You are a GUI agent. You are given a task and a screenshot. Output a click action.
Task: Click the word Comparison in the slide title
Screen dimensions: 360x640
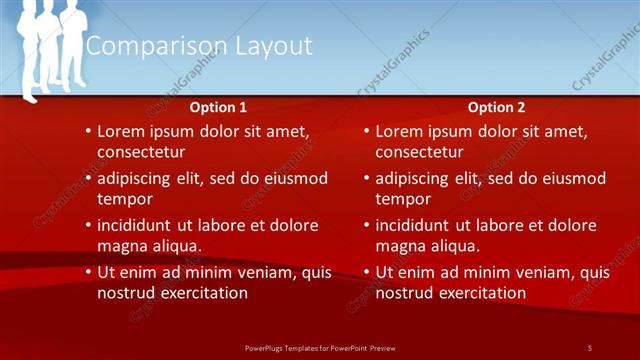(142, 46)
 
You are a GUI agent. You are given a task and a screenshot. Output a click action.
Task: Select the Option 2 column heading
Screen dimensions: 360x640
(495, 107)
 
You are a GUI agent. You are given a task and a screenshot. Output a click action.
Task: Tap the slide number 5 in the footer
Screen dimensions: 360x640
(590, 347)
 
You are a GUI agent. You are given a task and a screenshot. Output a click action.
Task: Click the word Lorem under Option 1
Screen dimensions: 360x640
(122, 131)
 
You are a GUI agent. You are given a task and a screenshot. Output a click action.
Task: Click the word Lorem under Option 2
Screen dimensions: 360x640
(400, 131)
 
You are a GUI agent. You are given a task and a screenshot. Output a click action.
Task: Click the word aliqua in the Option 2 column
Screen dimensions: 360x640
(456, 245)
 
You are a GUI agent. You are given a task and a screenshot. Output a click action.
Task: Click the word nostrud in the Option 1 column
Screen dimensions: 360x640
(125, 293)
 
